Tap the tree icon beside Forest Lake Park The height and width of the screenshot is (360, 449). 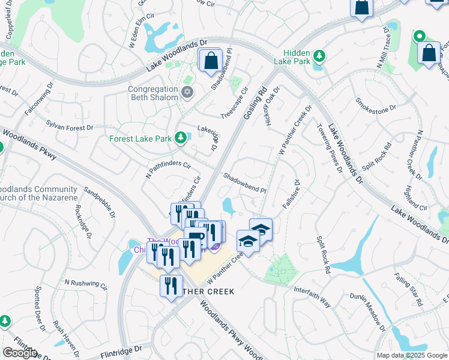tap(180, 139)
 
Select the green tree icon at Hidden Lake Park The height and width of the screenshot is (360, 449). tap(320, 56)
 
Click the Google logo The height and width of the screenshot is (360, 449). tap(20, 353)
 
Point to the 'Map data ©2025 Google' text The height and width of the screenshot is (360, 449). tap(411, 355)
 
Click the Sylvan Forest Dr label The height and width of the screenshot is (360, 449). tap(70, 124)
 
